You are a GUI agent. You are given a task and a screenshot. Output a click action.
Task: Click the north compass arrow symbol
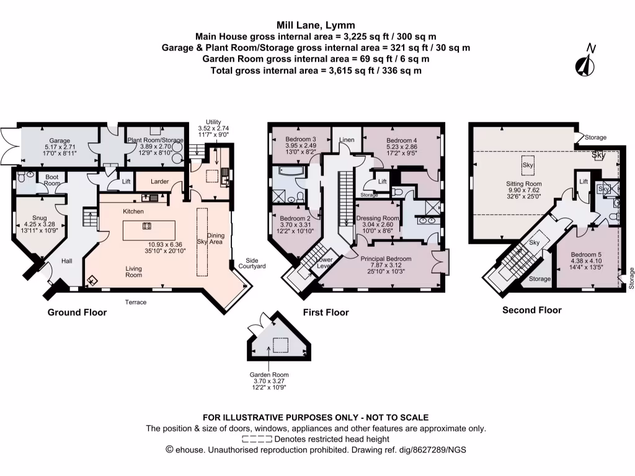pos(585,61)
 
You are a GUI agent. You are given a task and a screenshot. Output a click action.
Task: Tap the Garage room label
pos(60,141)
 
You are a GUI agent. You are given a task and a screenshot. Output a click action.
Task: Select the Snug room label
pos(40,218)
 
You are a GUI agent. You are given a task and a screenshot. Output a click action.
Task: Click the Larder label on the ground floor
pos(159,182)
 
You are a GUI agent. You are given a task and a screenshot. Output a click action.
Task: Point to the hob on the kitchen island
pos(147,226)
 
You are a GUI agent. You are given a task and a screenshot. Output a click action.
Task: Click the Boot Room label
pos(52,180)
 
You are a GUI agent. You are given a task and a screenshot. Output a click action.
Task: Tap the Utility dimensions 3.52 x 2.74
pos(213,128)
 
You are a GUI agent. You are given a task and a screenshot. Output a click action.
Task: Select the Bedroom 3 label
pos(301,139)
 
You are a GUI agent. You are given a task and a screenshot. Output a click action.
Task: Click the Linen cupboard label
pos(347,139)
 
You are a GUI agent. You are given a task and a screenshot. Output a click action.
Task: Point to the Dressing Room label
pos(378,218)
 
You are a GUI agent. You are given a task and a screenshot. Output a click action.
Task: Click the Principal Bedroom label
pos(386,258)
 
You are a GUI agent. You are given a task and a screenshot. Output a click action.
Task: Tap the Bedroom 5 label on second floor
pos(586,255)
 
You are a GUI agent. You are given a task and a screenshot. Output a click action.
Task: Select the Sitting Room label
pos(523,183)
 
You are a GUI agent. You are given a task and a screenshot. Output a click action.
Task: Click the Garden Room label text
pos(269,375)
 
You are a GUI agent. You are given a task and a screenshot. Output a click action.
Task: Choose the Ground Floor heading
pos(77,312)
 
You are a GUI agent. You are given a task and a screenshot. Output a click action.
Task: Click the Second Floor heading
pos(531,311)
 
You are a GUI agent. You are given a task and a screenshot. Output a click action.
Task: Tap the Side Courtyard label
pos(252,263)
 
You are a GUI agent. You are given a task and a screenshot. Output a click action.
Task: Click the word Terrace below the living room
pos(136,302)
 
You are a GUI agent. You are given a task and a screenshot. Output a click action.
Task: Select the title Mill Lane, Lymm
pos(316,25)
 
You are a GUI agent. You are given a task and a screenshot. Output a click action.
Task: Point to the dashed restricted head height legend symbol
pos(257,439)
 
